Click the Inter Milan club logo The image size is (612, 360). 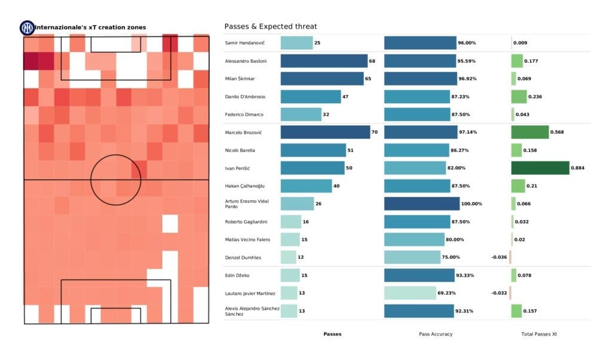[x=27, y=28]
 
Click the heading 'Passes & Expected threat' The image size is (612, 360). [x=270, y=26]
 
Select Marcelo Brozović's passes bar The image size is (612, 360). [x=325, y=132]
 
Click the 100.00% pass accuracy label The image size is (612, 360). [x=472, y=204]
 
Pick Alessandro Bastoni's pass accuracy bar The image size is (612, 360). [x=420, y=61]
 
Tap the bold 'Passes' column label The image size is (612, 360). [x=332, y=334]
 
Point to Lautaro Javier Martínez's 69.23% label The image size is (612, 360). [x=448, y=293]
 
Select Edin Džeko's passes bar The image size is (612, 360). [x=290, y=275]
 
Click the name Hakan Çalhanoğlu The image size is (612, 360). [x=244, y=186]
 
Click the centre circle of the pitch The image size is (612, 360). [x=116, y=179]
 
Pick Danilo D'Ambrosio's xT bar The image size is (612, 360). [x=518, y=97]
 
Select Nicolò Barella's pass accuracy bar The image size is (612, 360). [x=416, y=150]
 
